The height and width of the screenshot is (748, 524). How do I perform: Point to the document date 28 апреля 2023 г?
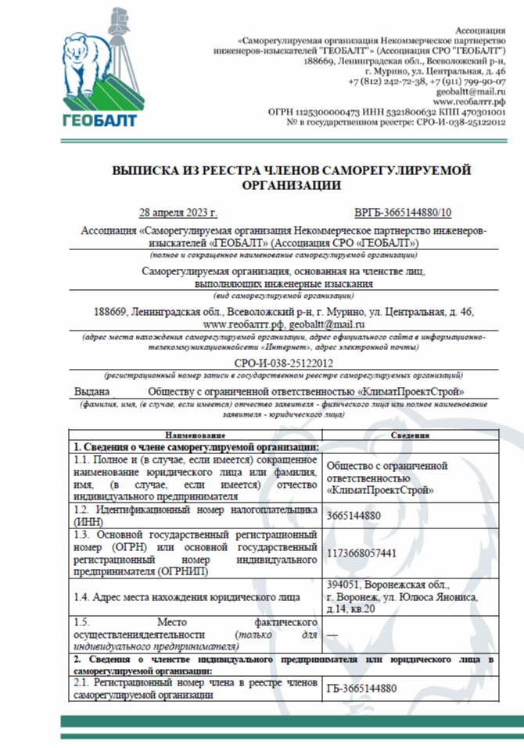click(178, 213)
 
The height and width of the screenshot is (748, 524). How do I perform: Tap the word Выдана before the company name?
click(93, 391)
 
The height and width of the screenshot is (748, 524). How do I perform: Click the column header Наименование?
click(194, 435)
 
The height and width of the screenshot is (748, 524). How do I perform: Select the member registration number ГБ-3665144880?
click(361, 689)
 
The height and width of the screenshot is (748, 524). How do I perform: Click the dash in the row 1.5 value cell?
click(332, 635)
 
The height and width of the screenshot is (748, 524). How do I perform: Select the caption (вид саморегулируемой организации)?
click(283, 296)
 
